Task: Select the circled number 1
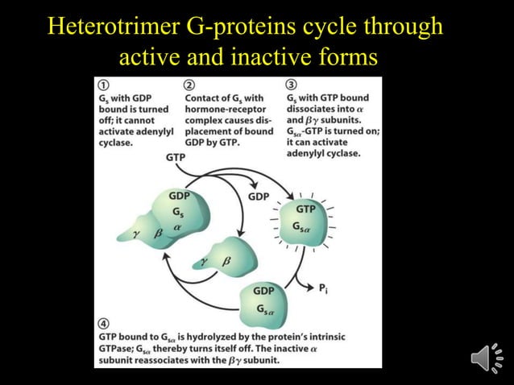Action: (x=105, y=85)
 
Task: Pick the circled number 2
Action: (x=189, y=85)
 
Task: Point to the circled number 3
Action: (x=291, y=85)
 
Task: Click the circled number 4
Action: (x=104, y=322)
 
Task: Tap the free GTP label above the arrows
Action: (x=176, y=158)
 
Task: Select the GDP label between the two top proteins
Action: (x=259, y=196)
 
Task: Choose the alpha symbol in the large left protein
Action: (x=176, y=228)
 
